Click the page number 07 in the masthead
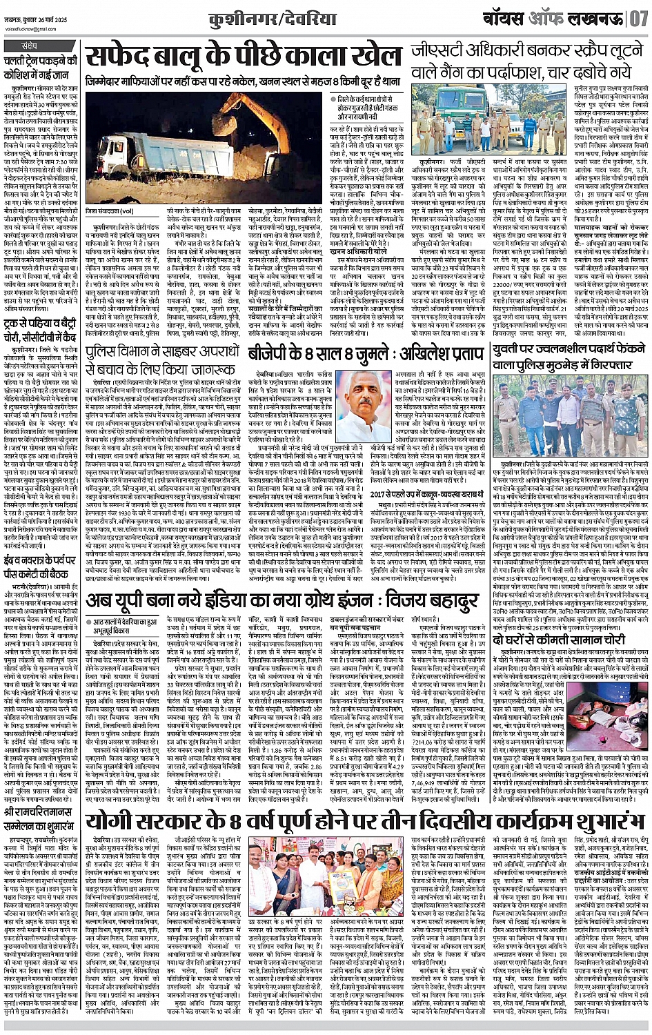[x=636, y=16]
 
